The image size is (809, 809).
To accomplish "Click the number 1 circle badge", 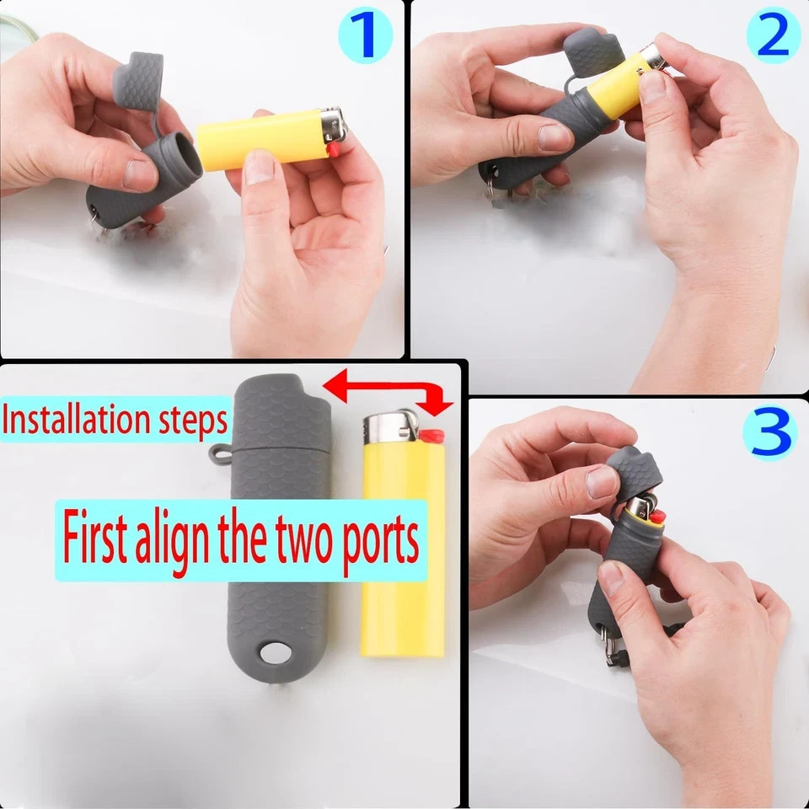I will [365, 36].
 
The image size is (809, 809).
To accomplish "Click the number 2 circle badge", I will [773, 35].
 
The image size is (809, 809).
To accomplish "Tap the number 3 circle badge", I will [769, 432].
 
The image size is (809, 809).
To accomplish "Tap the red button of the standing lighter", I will [432, 436].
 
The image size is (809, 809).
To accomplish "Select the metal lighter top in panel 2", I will [653, 58].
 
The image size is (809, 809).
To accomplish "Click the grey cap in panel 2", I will [595, 52].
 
